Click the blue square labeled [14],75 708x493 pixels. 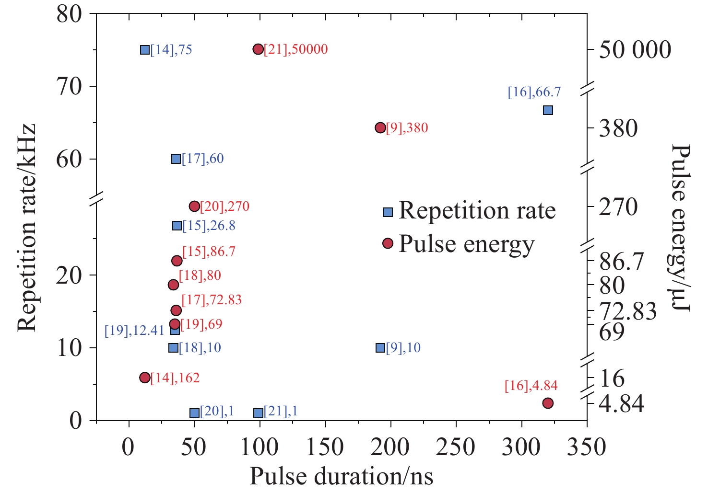tap(145, 50)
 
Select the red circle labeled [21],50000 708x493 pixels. tap(258, 49)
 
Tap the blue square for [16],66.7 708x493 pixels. tap(548, 110)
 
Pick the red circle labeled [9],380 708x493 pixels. tap(380, 127)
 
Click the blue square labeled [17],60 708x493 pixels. tap(176, 159)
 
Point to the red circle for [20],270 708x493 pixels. tap(194, 206)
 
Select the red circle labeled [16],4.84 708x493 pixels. tap(548, 403)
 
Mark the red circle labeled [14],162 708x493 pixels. tap(145, 378)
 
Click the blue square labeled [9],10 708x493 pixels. tap(380, 348)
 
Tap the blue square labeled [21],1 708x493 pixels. tap(258, 413)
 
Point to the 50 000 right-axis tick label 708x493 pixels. tap(635, 50)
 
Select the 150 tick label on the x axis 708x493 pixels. tap(325, 447)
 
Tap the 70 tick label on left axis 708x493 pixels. tap(70, 87)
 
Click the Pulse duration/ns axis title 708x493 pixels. tap(341, 477)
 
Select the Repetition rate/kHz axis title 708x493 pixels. tap(27, 227)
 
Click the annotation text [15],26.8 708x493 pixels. tap(209, 226)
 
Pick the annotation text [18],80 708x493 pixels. tap(200, 276)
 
